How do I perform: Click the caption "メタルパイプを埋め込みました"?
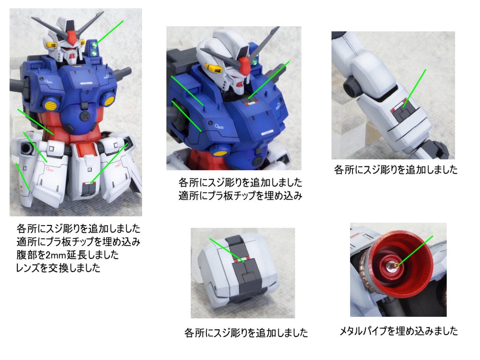click(x=398, y=331)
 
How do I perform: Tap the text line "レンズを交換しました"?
click(x=58, y=268)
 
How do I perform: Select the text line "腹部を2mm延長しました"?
click(x=67, y=255)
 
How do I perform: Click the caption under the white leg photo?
click(x=396, y=170)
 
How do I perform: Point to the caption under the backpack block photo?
click(x=246, y=333)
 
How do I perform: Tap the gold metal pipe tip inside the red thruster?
click(x=396, y=265)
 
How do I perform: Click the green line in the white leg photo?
click(x=414, y=88)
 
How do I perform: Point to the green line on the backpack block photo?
click(x=226, y=250)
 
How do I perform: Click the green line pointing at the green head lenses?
click(x=110, y=32)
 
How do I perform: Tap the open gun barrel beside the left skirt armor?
click(x=25, y=149)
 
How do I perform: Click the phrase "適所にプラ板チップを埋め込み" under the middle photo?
click(x=240, y=195)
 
